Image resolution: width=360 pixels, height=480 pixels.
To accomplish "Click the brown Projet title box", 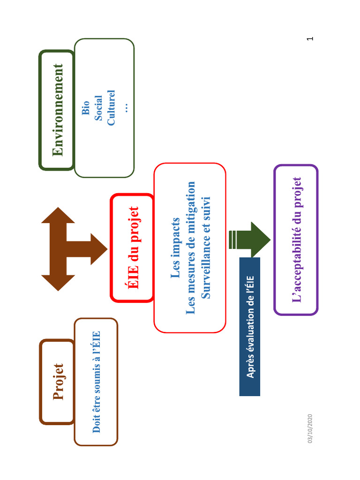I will coord(57,382).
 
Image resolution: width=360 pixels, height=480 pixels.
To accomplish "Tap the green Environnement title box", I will coord(57,110).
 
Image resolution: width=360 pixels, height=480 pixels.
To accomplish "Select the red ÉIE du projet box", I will coord(133,247).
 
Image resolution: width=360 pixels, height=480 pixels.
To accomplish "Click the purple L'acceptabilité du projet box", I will coord(296,240).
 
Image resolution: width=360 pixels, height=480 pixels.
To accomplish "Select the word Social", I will coord(98,108).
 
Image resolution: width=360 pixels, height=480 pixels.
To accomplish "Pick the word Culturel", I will coord(111,108).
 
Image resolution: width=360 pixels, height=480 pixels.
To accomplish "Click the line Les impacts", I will coord(176,247).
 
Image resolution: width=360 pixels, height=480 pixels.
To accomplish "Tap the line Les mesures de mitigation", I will coord(190,247).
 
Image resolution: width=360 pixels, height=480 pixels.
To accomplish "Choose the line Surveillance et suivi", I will coord(205,247).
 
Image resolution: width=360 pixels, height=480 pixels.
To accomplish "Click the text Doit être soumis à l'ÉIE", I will coord(97,382).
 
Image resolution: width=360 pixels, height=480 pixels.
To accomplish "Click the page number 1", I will coord(309,38).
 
